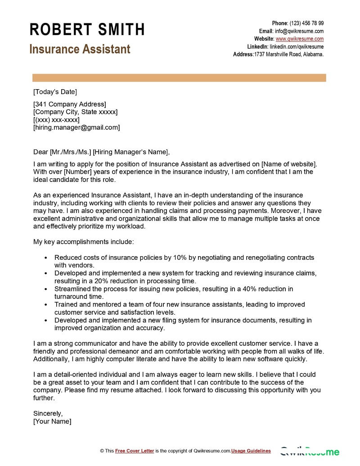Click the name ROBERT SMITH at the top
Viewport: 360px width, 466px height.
[87, 30]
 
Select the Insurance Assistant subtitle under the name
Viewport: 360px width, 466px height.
[80, 49]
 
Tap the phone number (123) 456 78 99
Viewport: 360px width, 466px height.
[306, 23]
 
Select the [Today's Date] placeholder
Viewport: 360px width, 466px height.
[55, 92]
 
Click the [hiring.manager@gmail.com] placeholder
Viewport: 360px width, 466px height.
[76, 127]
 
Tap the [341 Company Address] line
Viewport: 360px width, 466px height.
[70, 104]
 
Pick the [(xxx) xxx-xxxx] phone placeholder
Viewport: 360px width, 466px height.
[56, 120]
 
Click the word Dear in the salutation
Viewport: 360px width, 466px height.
[40, 152]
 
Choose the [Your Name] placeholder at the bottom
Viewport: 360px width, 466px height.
[52, 421]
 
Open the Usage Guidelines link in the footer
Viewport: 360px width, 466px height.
[252, 451]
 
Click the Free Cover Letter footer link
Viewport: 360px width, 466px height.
[135, 451]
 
